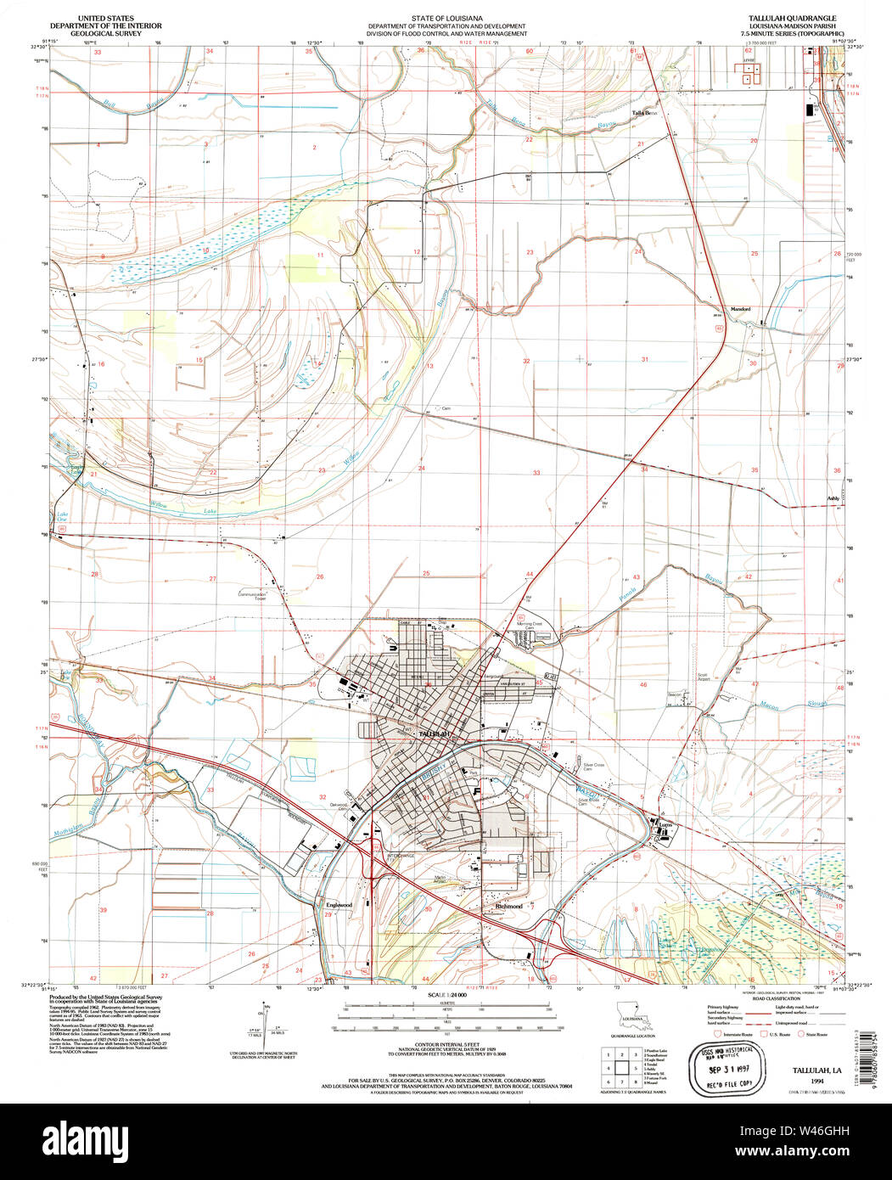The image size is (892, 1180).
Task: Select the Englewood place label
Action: tap(339, 906)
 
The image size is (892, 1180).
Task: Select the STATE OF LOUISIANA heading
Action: tap(446, 18)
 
